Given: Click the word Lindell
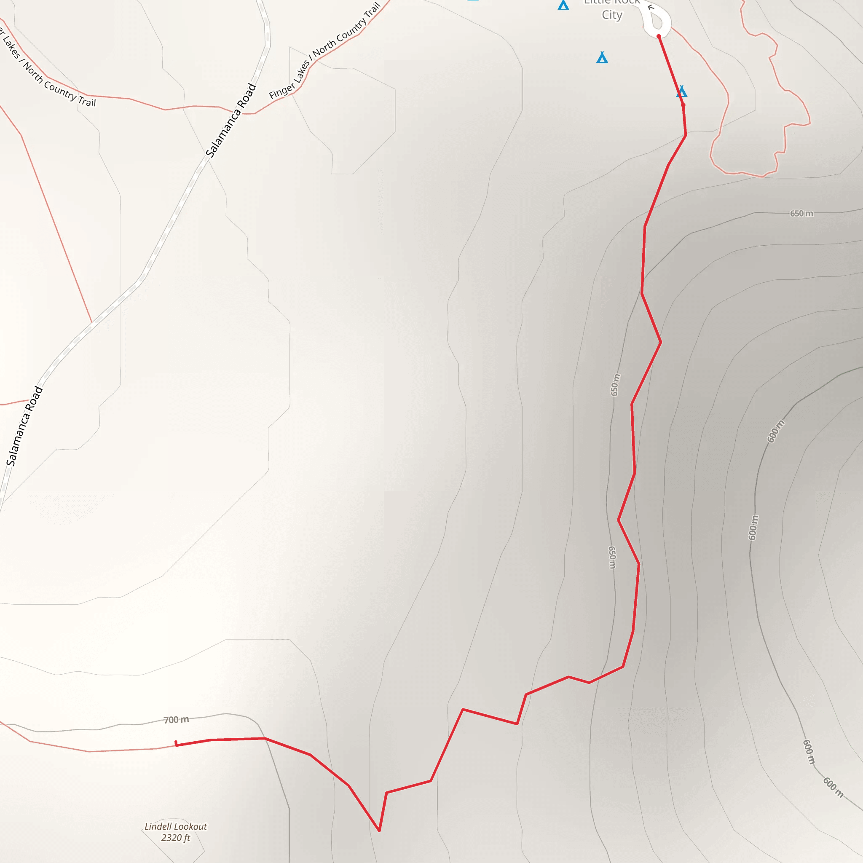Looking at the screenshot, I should tap(158, 826).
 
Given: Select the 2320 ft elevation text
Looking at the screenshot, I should tap(176, 838).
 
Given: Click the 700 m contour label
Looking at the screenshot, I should tap(176, 720).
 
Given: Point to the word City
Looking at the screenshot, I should tap(611, 15).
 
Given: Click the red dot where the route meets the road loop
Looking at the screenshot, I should tap(659, 36).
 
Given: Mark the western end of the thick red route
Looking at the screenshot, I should tap(176, 743).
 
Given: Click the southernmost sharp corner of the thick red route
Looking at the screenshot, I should tap(379, 831).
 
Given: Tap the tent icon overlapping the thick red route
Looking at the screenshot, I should tap(681, 91).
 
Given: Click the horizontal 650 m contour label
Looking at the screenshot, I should tap(801, 214).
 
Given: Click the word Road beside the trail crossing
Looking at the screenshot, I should tap(247, 96).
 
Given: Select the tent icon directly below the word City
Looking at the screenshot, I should tap(602, 57).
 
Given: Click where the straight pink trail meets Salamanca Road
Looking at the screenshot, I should tap(92, 322).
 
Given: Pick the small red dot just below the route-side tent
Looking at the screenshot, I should tap(683, 105).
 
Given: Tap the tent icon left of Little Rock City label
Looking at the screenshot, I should tap(563, 5).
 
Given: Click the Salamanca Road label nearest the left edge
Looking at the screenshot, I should tap(24, 426).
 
